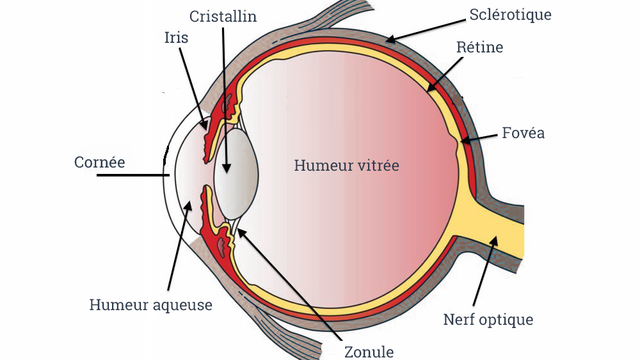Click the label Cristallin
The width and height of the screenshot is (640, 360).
tap(223, 18)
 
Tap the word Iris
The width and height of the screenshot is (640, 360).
tap(177, 38)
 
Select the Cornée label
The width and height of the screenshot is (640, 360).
tap(100, 160)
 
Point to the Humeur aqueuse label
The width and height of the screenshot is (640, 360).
tap(151, 304)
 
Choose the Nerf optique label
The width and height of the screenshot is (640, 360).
tap(487, 320)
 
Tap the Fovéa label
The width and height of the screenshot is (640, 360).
tap(524, 133)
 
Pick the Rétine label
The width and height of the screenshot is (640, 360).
tap(480, 47)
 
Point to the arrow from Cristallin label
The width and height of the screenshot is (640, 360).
tap(223, 100)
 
